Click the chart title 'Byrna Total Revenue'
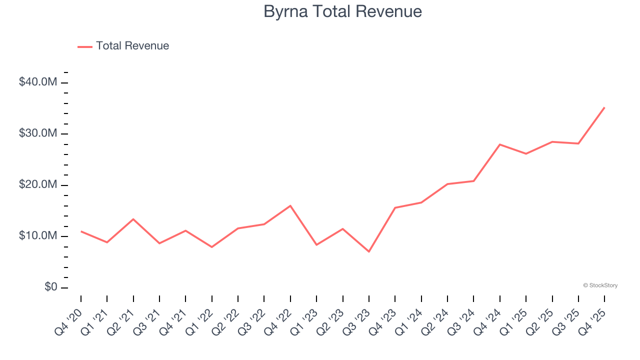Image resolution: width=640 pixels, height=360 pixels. (x=342, y=11)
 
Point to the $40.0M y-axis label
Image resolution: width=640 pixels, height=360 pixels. (x=38, y=82)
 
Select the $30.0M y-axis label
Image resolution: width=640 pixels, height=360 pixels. (x=38, y=134)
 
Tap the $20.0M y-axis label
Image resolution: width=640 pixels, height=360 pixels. (x=38, y=185)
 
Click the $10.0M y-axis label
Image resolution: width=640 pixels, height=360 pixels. (x=38, y=236)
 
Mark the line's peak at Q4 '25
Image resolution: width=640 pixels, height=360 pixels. (x=604, y=107)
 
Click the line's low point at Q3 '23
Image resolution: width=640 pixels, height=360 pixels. (x=369, y=251)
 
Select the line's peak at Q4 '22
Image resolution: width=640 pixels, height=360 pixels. (x=290, y=205)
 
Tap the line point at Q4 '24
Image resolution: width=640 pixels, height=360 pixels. (x=500, y=144)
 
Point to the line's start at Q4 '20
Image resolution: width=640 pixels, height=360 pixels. (x=81, y=231)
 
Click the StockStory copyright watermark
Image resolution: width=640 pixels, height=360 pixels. (x=600, y=285)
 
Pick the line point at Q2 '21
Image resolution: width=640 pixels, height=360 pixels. (x=133, y=219)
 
